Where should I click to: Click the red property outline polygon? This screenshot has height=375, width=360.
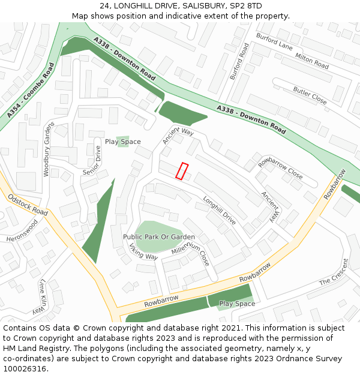182,171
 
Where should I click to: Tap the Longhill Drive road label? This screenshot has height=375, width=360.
220,211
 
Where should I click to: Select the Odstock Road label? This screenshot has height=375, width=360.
28,204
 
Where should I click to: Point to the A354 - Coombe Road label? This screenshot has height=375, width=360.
31,89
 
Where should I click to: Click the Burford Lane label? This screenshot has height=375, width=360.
274,42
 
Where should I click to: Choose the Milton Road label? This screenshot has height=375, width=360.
312,61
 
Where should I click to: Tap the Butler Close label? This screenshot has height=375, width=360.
310,95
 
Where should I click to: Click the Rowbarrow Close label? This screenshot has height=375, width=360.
280,167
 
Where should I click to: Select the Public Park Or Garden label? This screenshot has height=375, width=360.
159,237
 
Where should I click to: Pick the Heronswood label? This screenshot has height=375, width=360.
22,230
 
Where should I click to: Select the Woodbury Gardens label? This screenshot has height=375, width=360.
47,149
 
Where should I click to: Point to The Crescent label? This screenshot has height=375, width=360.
334,272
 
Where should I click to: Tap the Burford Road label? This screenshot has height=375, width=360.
239,61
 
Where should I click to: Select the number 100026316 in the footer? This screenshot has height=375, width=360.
25,368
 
